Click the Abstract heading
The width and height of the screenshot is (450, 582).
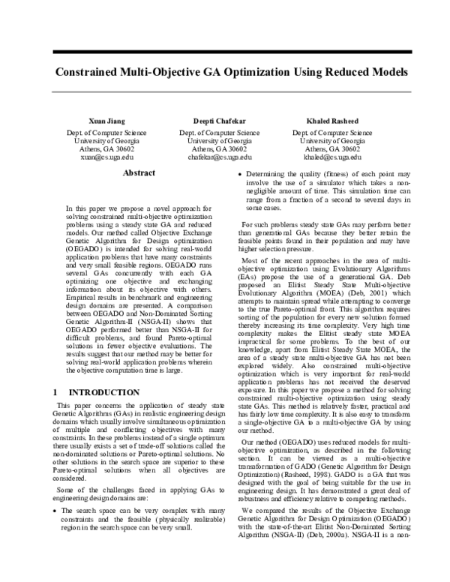[139, 173]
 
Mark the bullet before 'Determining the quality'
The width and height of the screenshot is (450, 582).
[238, 175]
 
